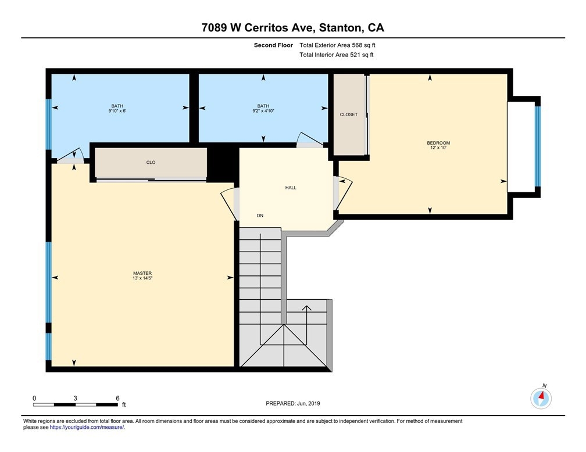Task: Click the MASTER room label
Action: pos(142,273)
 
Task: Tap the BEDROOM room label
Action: pos(438,143)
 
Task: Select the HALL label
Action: pos(291,188)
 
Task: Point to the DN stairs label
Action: pos(260,216)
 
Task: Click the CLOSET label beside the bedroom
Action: pos(349,114)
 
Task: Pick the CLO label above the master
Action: pos(151,162)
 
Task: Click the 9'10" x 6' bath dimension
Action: pos(117,111)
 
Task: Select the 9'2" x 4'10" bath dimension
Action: pos(263,111)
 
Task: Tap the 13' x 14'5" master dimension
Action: pos(142,278)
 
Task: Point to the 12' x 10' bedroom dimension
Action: pos(438,148)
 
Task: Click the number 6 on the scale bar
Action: pos(117,398)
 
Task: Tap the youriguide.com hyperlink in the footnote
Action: pos(87,428)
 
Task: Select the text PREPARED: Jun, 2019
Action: pos(292,403)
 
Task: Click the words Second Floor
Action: pos(273,45)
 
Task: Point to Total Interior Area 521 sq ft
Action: pos(337,55)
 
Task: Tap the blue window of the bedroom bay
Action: pos(537,146)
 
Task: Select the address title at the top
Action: pos(292,28)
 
